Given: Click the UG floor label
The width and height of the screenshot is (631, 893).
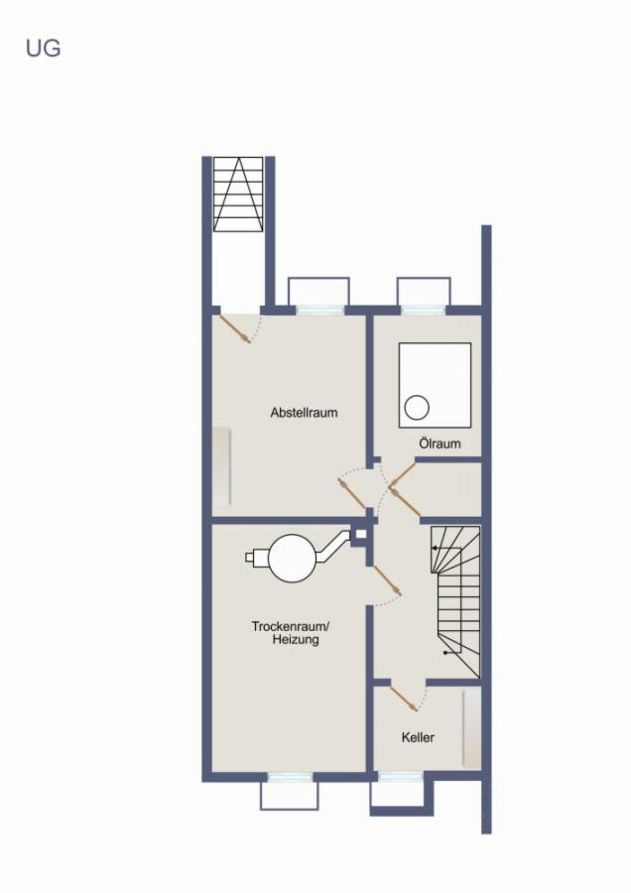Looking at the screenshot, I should click(43, 48).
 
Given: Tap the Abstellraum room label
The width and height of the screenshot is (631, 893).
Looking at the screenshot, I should click(304, 412).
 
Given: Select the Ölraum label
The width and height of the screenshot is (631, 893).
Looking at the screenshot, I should click(440, 444).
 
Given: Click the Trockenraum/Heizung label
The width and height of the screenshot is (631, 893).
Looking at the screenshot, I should click(290, 633).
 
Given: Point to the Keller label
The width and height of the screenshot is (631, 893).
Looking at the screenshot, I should click(418, 737).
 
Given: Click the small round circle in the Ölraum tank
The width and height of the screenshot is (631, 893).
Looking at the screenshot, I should click(417, 407).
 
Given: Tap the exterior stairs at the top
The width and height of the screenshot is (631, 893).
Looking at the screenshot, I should click(238, 193).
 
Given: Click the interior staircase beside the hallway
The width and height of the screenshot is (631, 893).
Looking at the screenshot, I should click(455, 601).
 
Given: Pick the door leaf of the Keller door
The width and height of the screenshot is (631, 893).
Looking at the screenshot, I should click(404, 698).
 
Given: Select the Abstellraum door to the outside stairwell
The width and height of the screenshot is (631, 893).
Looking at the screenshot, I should click(234, 328).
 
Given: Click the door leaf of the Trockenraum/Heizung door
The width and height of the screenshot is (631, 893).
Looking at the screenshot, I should click(386, 581).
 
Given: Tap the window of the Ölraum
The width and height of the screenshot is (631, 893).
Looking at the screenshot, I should click(424, 309).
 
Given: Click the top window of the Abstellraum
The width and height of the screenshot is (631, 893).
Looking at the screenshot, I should click(318, 309).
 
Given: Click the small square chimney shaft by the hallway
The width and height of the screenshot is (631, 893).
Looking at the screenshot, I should click(360, 535).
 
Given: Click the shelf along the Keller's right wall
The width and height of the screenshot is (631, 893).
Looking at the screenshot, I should click(471, 728).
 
